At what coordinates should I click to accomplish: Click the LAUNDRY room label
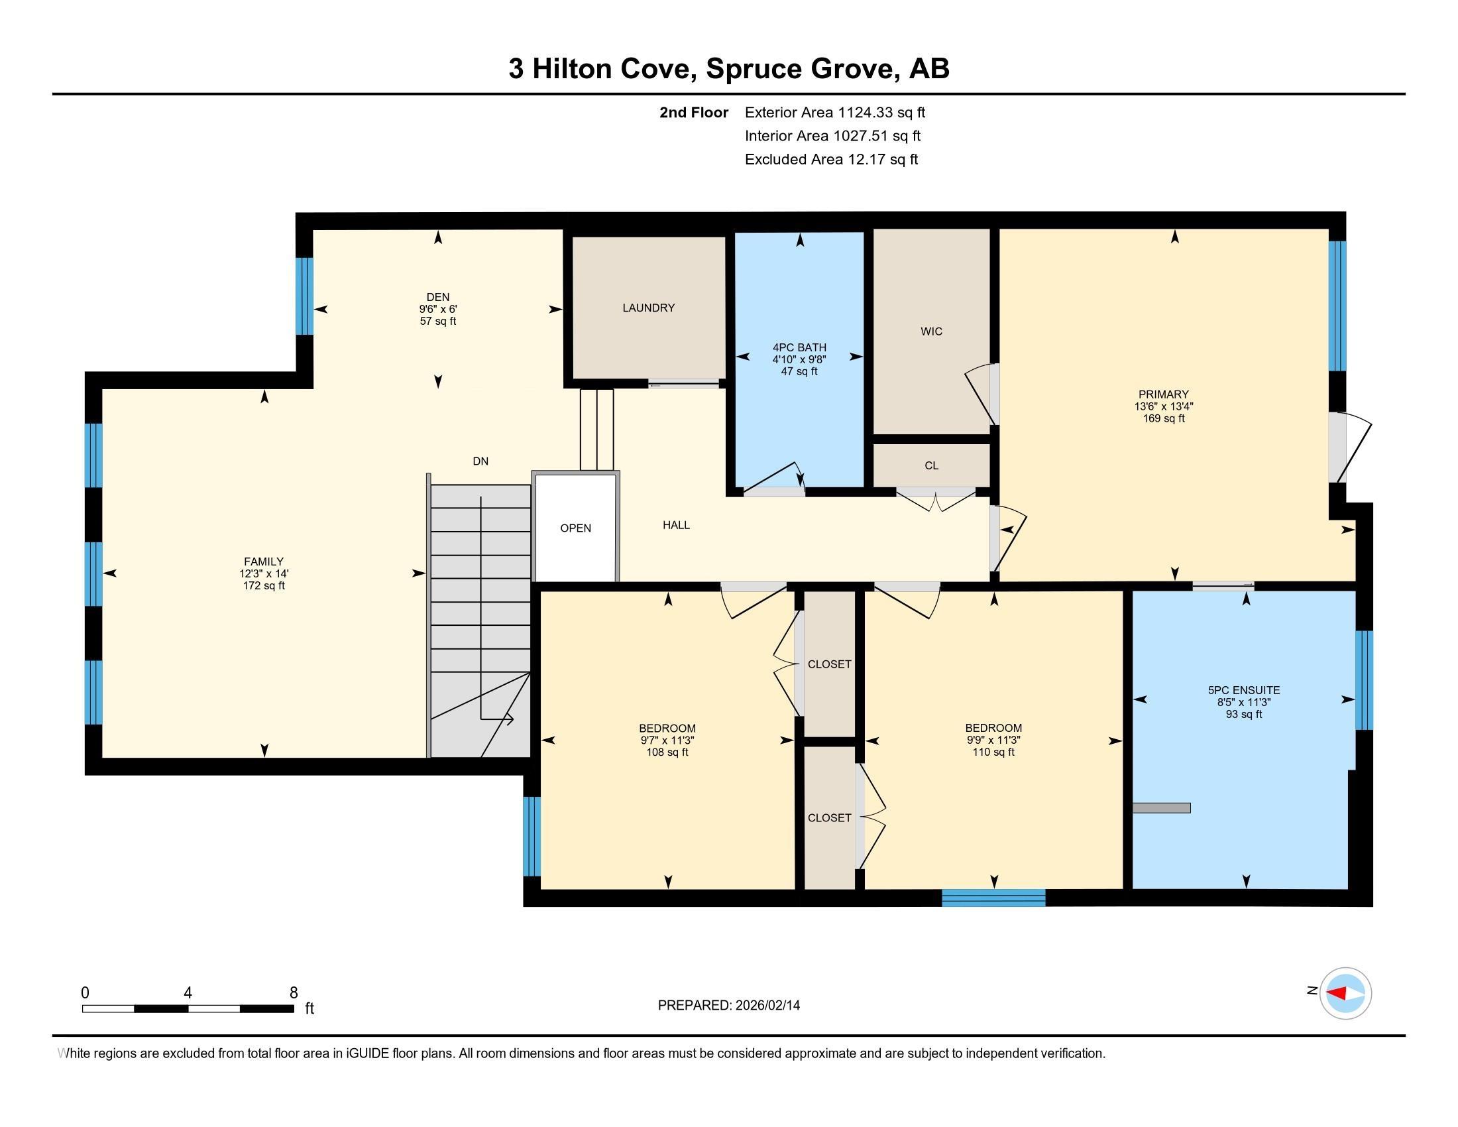648,308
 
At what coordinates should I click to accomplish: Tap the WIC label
931,331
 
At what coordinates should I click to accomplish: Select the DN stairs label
480,461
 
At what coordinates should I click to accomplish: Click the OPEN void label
575,528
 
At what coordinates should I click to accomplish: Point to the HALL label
675,526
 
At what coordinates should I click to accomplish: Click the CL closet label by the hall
931,465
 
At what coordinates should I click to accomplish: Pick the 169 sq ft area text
1164,418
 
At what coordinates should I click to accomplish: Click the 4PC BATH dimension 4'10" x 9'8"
799,359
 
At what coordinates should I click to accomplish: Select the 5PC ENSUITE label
1244,690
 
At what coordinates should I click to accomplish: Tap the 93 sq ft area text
1244,715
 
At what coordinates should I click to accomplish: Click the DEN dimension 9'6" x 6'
438,309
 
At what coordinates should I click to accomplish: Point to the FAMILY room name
264,562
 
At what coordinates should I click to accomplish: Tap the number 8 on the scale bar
293,993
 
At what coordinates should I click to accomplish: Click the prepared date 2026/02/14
765,1006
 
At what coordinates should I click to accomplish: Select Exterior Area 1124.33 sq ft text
834,113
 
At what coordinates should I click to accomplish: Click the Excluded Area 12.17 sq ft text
831,160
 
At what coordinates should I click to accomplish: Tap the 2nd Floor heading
694,113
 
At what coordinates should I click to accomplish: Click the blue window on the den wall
304,296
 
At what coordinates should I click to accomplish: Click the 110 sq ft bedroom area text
993,752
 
